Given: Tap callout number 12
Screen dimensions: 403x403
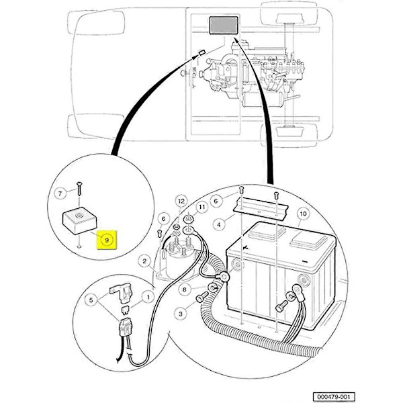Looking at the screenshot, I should coord(180,201).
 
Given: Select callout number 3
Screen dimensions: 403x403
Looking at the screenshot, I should coord(181,314).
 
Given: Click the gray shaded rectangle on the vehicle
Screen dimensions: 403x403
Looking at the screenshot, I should coord(224,26).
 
